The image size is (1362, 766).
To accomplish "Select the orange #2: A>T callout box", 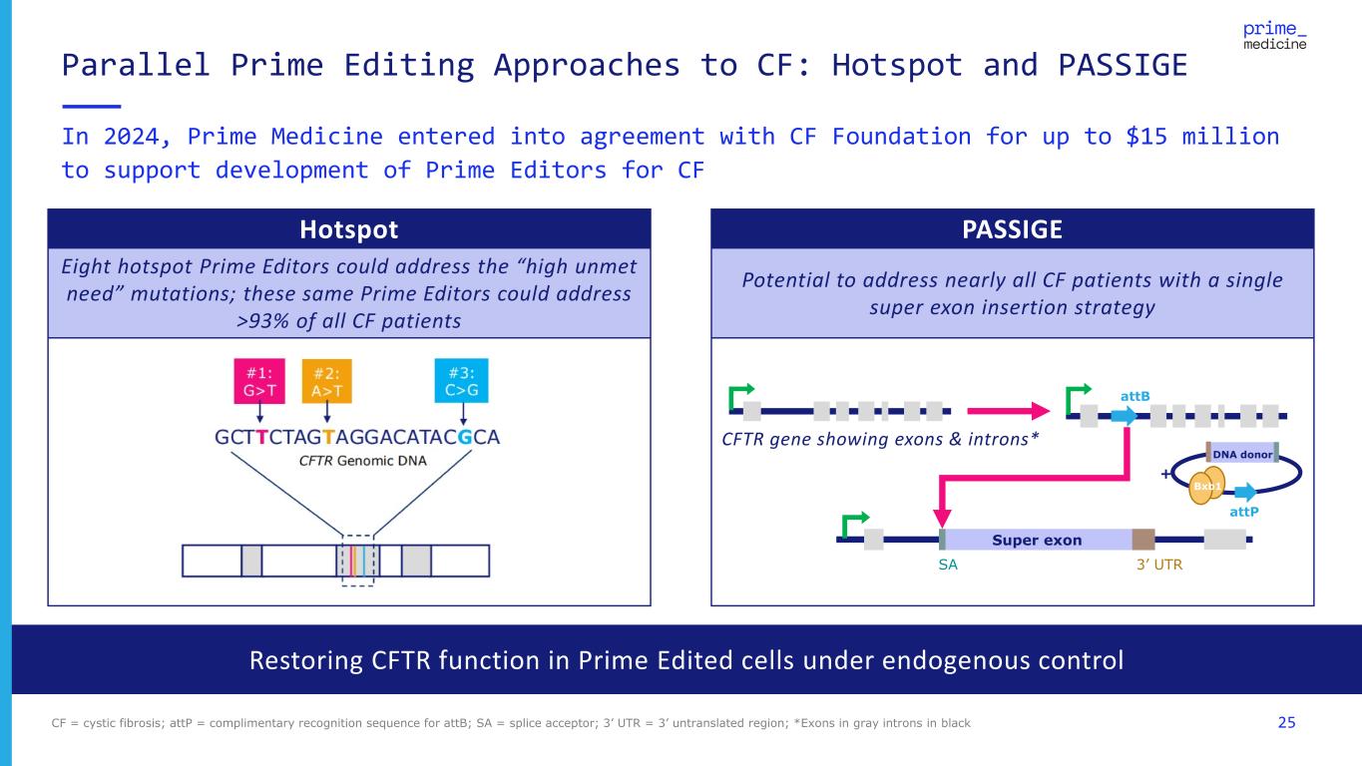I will pos(326,380).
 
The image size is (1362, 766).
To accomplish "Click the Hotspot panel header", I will pos(349,229).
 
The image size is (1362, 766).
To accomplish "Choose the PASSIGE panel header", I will pos(1012,229).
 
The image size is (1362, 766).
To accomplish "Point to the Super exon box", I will pos(1036,540).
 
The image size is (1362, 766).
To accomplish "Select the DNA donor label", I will pos(1242,453).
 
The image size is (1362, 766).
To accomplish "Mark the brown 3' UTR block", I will pos(1142,540).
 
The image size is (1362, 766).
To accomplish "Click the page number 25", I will pos(1286,721).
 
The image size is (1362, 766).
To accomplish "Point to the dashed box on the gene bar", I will pos(357,560).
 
